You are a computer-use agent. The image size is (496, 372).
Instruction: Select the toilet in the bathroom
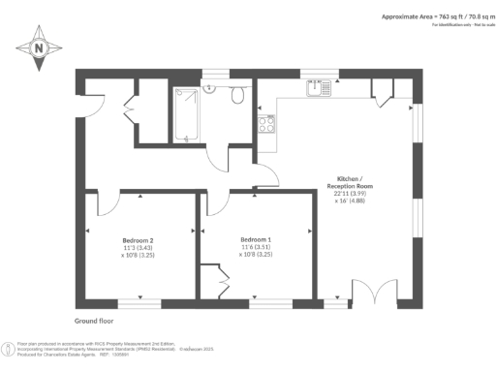click(x=236, y=95)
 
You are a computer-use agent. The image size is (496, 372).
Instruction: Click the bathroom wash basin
click(x=210, y=88)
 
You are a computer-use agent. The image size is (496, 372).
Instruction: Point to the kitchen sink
click(x=320, y=89)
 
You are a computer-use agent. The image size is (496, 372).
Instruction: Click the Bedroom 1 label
click(x=256, y=239)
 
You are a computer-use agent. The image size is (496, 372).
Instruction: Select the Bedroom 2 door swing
click(x=107, y=201)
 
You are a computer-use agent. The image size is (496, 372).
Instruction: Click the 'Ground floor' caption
click(x=95, y=319)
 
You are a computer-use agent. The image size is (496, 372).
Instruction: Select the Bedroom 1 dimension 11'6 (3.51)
click(x=256, y=248)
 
